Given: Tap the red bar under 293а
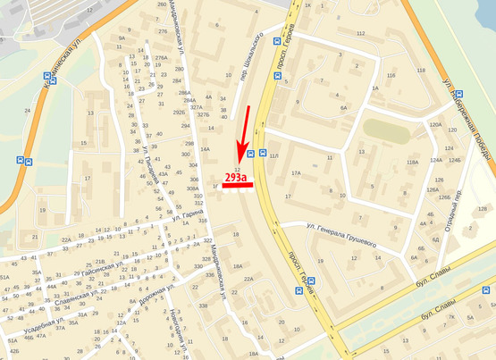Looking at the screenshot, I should [x=237, y=187].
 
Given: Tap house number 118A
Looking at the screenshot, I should [x=412, y=162].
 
